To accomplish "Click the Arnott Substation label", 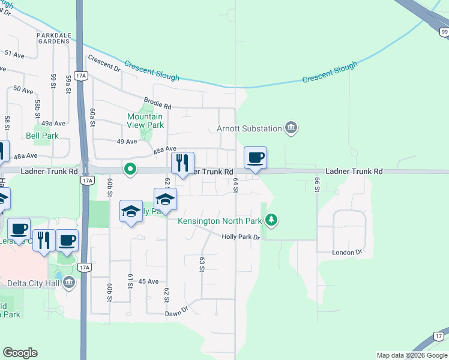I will coord(249,128).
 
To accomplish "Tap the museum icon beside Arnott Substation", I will coord(291,127).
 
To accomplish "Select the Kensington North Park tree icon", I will coord(272,221).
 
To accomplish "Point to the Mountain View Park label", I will coord(145,121).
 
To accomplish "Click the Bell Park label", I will coord(42,136).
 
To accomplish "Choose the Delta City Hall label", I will coord(33,283).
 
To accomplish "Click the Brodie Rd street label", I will coord(157,104).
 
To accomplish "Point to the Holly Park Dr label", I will coord(240,237).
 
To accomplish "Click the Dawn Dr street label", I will coord(176,312).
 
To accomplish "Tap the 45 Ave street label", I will coord(148,281).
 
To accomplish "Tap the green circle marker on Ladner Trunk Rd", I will coord(130,170).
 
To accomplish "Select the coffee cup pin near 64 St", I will coord(255,158).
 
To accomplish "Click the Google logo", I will coord(20,353).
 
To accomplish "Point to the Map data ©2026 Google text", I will coord(411,355).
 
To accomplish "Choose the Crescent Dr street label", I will coord(103,64).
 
